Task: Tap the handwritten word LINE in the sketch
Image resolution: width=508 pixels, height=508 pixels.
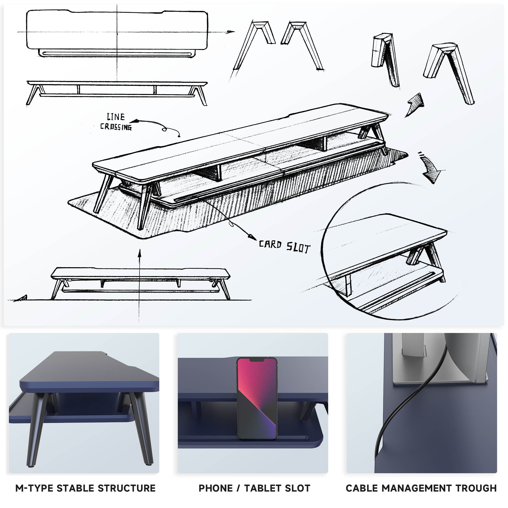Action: click(x=116, y=117)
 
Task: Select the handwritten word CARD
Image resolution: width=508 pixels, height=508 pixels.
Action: click(x=270, y=244)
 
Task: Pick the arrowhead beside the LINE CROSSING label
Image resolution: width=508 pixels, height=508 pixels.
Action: click(x=134, y=121)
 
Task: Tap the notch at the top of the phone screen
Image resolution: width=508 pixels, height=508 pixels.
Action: click(x=257, y=360)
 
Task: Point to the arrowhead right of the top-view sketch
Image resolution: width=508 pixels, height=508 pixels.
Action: click(x=230, y=32)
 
